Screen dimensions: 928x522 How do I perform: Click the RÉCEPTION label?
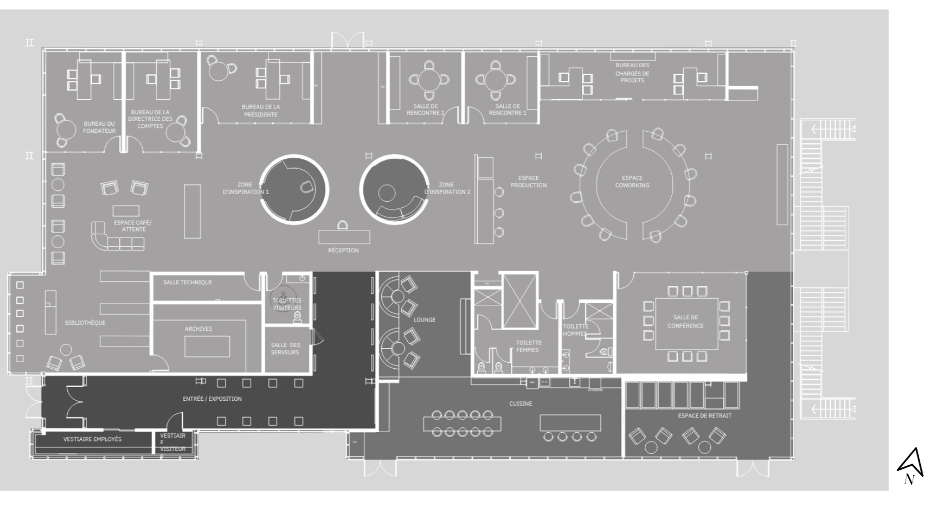(343, 250)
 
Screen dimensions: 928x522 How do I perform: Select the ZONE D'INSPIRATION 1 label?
(245, 189)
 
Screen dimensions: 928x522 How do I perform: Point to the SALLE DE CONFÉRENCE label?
(686, 321)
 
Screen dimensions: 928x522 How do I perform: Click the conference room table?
(686, 324)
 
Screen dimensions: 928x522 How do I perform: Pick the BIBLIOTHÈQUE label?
(85, 322)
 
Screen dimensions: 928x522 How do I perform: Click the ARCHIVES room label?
(198, 329)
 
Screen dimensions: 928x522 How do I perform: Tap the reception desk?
(344, 237)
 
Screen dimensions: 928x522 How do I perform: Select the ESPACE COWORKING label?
(632, 181)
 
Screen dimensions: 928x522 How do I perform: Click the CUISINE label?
(521, 403)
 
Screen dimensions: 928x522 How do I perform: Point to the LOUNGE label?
(424, 320)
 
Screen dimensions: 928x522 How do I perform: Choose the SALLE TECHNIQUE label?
(187, 282)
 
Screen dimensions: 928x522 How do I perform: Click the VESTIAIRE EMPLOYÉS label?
(93, 439)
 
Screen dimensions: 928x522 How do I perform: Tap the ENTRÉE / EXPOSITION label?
(212, 399)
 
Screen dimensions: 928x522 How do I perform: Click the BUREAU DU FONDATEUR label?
(99, 127)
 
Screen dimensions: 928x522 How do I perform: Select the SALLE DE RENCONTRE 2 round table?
(429, 79)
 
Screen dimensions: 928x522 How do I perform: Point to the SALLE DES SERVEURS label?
(285, 348)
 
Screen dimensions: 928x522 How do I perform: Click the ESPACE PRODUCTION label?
(528, 181)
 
